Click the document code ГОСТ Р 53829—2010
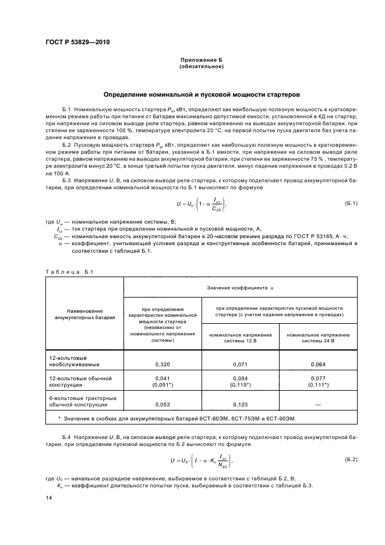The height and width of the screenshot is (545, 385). click(77, 43)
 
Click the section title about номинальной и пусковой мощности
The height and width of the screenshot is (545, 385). click(202, 94)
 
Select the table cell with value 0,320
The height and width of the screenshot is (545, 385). click(163, 364)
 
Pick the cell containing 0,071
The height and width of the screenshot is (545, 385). click(241, 364)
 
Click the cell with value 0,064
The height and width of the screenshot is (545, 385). click(318, 364)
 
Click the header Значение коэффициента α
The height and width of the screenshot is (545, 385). click(241, 288)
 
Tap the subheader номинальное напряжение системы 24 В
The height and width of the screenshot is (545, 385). click(318, 338)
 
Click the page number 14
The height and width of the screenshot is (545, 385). click(49, 498)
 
